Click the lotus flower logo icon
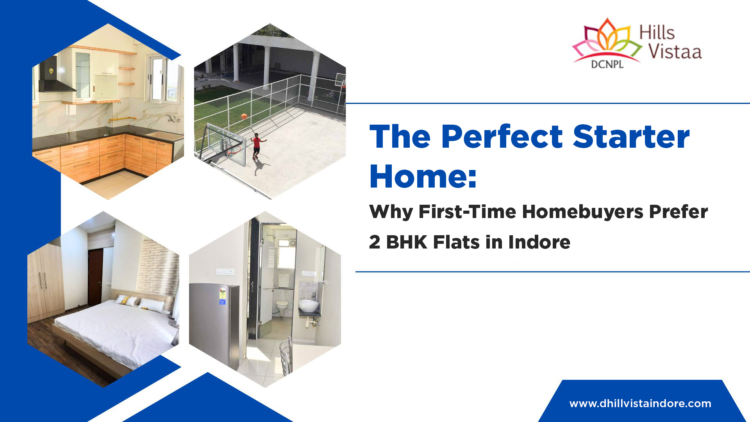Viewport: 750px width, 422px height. click(606, 41)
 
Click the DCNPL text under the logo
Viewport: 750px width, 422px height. click(607, 64)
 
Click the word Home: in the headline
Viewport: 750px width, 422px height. click(423, 177)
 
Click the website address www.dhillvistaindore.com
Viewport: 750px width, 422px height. click(640, 404)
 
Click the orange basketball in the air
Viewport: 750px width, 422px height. click(244, 116)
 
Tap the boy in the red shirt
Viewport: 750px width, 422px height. click(257, 145)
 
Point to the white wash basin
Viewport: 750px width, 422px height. click(309, 305)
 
